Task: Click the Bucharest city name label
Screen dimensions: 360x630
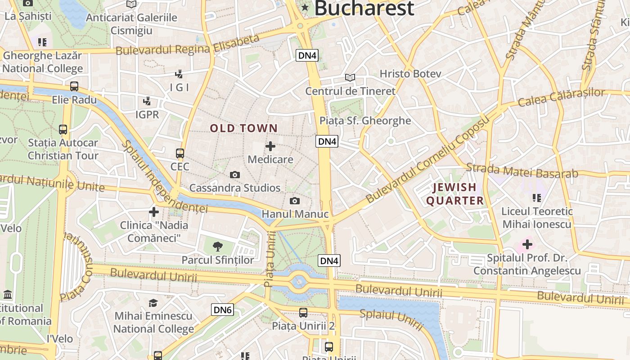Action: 364,8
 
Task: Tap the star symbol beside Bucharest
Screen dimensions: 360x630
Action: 305,7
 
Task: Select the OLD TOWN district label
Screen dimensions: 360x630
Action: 243,128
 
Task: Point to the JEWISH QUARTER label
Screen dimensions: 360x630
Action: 455,194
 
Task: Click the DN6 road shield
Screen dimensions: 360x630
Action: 222,310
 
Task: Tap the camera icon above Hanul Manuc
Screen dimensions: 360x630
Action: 295,201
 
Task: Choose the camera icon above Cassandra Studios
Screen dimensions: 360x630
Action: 234,175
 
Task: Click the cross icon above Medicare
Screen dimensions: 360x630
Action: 270,146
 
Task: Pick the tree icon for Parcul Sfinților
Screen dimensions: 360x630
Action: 218,246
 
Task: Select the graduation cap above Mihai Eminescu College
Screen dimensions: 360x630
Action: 153,303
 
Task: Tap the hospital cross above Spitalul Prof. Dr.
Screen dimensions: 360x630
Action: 527,245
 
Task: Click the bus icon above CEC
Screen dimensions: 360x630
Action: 180,153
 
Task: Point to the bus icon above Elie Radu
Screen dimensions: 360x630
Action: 74,86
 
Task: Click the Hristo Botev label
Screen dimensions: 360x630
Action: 410,74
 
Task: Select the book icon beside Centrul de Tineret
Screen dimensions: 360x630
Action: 350,77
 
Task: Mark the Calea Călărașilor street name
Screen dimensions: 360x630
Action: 561,98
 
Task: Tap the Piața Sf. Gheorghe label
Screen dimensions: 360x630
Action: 365,121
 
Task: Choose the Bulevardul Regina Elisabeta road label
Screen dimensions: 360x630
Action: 188,45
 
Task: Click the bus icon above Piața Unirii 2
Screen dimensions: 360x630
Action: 303,313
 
